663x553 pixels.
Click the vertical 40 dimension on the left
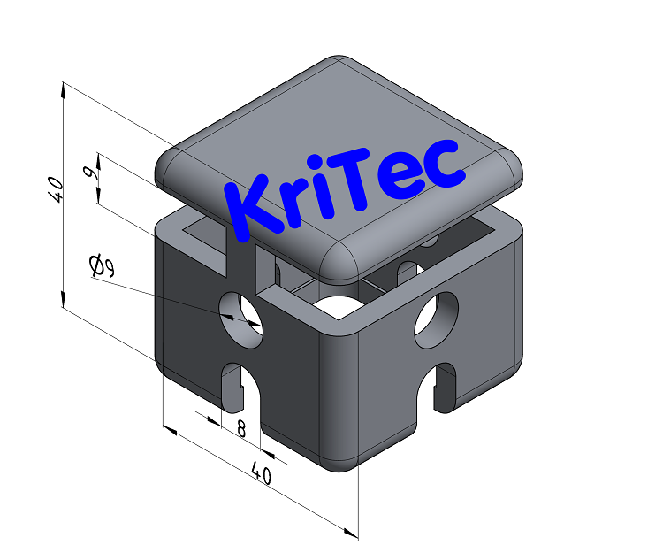point(54,188)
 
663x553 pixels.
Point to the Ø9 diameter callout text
point(101,265)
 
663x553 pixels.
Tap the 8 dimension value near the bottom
point(240,429)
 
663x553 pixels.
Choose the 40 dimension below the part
point(261,473)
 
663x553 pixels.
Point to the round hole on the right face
point(437,319)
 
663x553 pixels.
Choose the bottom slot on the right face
point(441,385)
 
